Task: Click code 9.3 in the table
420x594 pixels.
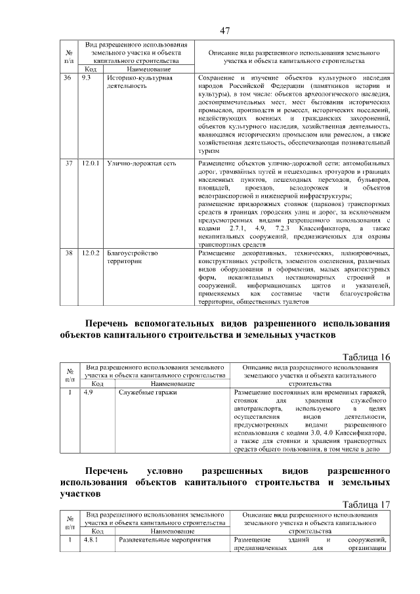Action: tap(86, 77)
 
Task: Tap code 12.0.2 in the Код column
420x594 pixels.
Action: tap(91, 252)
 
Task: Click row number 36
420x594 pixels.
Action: tap(68, 77)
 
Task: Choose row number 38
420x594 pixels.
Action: tap(68, 252)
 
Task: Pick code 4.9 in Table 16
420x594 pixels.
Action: tap(88, 392)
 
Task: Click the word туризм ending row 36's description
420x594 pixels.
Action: tap(209, 150)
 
